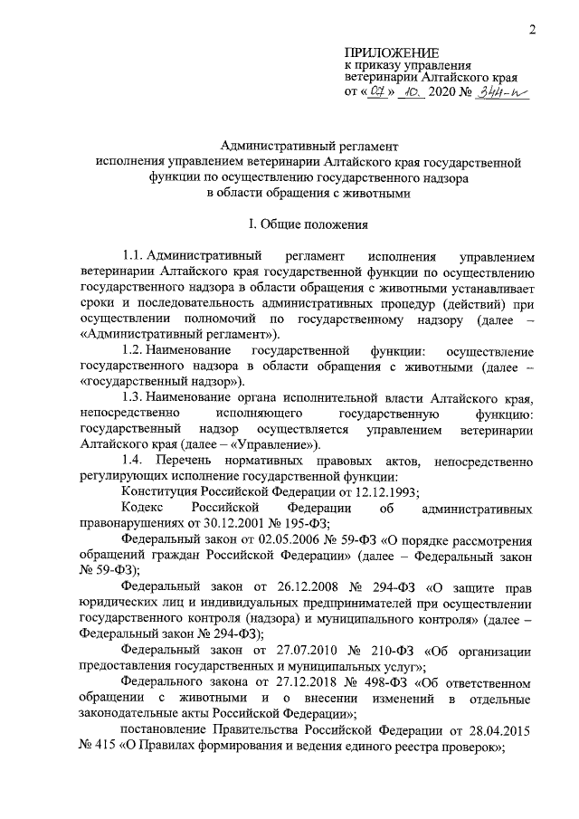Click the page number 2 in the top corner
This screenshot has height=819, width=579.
[534, 31]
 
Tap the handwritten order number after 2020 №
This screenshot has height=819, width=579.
[505, 93]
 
